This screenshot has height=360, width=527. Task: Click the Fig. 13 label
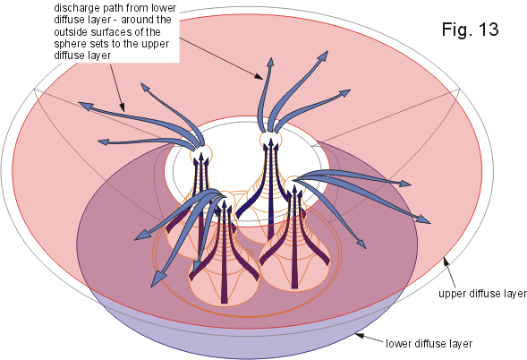[470, 29]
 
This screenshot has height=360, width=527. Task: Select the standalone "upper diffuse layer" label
[482, 294]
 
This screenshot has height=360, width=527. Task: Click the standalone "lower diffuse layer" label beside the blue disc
[429, 344]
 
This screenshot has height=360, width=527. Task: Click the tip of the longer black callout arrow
[263, 80]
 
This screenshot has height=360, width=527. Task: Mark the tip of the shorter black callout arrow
[124, 111]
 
